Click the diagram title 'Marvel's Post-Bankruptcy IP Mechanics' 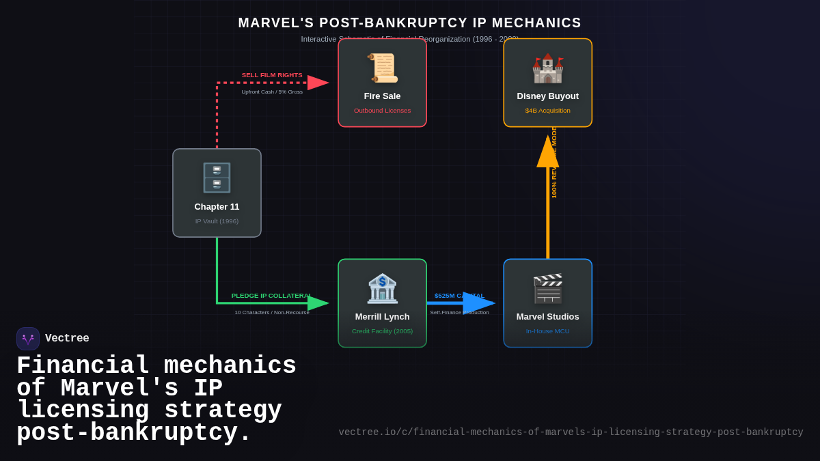(409, 23)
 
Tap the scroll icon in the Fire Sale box (382, 68)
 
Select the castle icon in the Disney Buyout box (547, 68)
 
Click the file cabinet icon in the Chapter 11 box (217, 178)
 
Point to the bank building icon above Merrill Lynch (382, 288)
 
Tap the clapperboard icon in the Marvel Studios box (547, 288)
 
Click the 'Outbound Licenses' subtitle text (382, 111)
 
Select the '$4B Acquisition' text (547, 111)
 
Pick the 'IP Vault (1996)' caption (217, 221)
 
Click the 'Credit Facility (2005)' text (382, 331)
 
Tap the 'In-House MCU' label (547, 331)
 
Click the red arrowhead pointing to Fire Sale (318, 83)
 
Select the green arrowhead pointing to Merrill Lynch (318, 303)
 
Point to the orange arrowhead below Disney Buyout (547, 152)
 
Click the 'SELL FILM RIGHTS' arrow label (272, 75)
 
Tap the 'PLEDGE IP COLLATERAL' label (271, 296)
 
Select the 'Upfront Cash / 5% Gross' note (272, 92)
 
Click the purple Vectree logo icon (28, 339)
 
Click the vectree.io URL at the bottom (571, 432)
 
